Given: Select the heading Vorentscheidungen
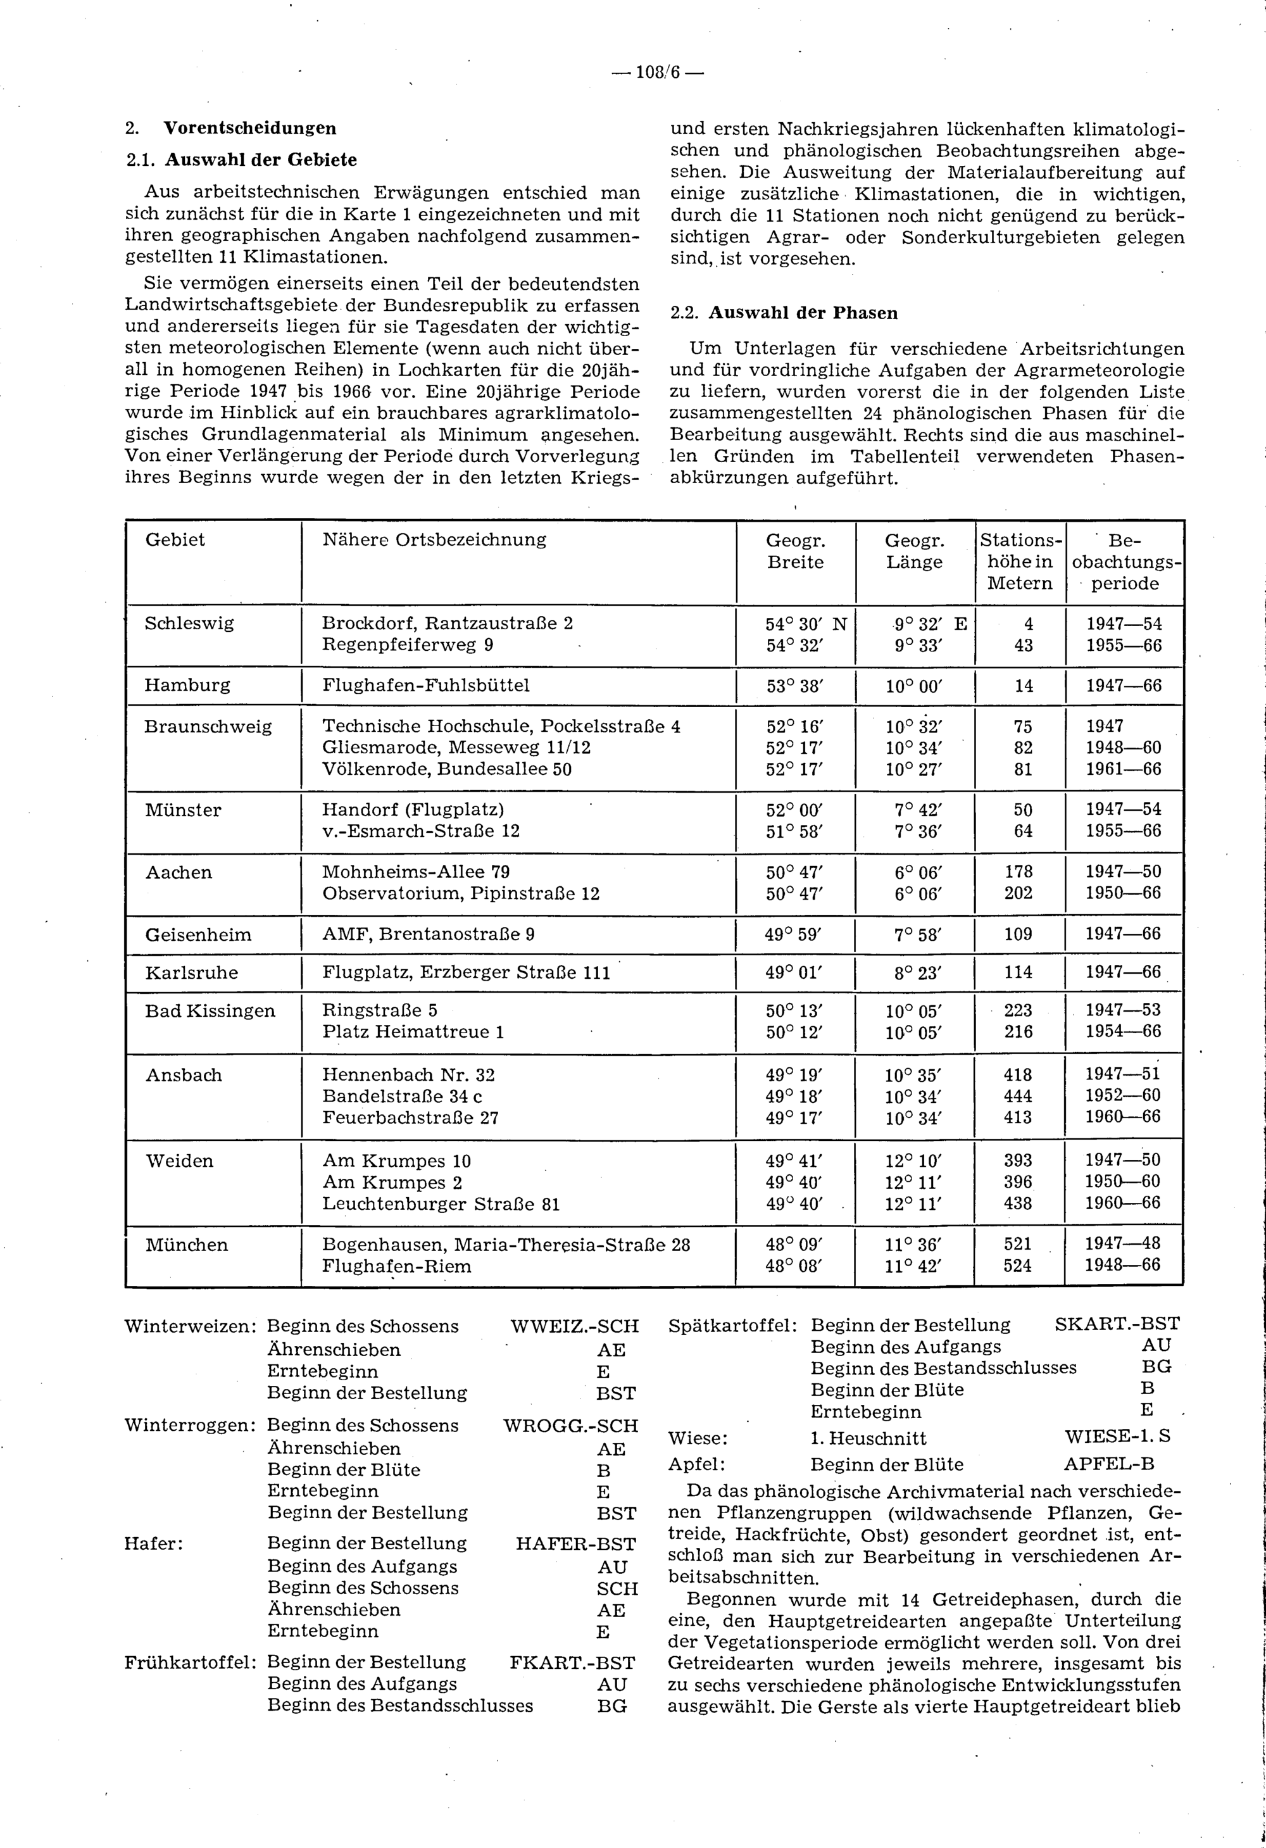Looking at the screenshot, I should [x=249, y=128].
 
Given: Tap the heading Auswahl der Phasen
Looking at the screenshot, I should [x=803, y=313].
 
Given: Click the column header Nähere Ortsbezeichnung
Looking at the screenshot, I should [x=434, y=540].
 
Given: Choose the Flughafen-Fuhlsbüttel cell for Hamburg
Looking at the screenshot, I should [x=425, y=686].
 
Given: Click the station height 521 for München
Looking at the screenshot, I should [x=1018, y=1243].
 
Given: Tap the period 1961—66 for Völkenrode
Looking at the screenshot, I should [x=1124, y=769].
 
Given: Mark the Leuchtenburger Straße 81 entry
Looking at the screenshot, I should [x=441, y=1204].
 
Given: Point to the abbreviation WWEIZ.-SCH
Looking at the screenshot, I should [x=574, y=1326].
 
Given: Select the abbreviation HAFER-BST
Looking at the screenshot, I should [x=576, y=1543].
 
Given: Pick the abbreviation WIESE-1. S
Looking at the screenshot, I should [x=1117, y=1437].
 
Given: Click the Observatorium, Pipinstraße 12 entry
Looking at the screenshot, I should [x=460, y=893].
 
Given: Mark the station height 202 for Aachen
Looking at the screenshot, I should [x=1018, y=893].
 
